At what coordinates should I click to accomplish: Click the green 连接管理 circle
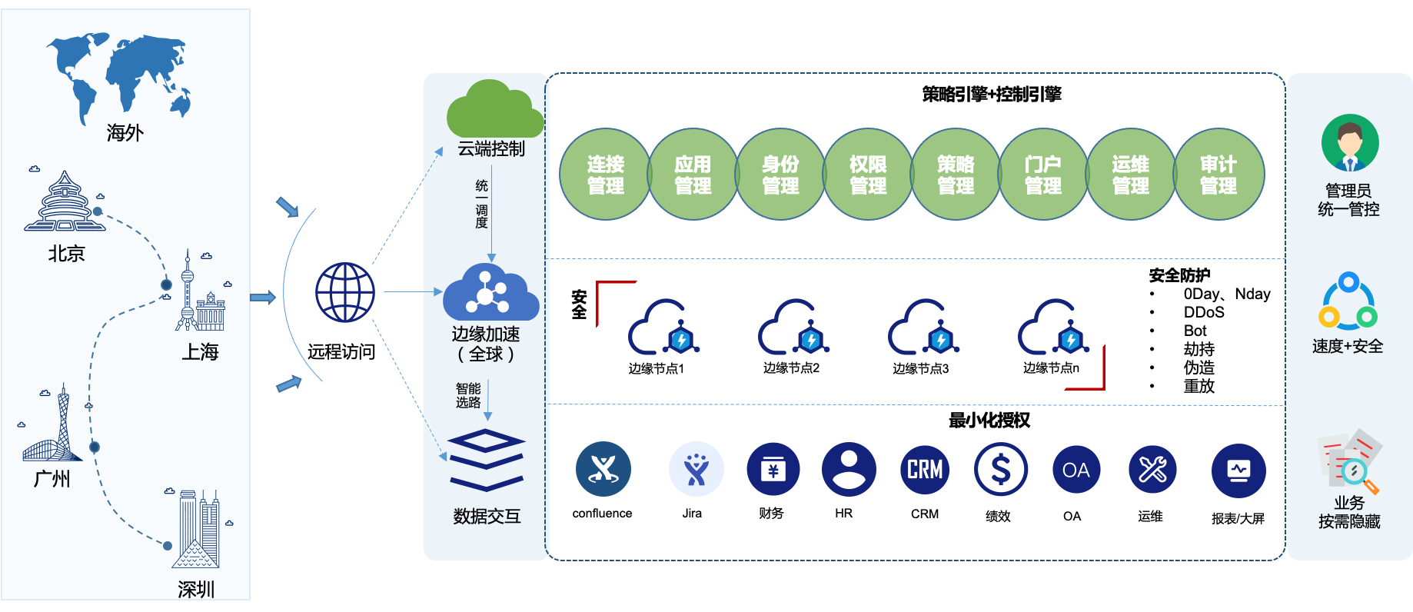[605, 175]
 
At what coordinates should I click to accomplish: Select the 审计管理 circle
[1219, 175]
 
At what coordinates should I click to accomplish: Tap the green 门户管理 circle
[1043, 175]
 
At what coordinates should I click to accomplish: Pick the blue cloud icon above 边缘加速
[490, 292]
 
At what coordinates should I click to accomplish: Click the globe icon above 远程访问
[345, 292]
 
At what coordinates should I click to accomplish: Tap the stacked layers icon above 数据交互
[487, 461]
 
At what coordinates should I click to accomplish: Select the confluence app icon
[603, 469]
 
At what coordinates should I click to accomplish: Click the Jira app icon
[696, 469]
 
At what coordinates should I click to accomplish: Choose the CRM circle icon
[925, 469]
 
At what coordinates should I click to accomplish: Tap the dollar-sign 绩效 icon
[1000, 469]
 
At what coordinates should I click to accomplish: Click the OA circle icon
[1076, 470]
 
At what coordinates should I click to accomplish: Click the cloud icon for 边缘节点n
[1054, 327]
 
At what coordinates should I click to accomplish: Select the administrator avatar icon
[1350, 143]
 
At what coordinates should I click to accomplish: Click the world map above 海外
[119, 78]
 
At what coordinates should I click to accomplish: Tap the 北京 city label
[66, 254]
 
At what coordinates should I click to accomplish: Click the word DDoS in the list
[1204, 312]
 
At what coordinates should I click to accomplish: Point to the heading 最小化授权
[989, 421]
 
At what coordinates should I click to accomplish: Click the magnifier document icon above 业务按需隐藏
[1350, 461]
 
